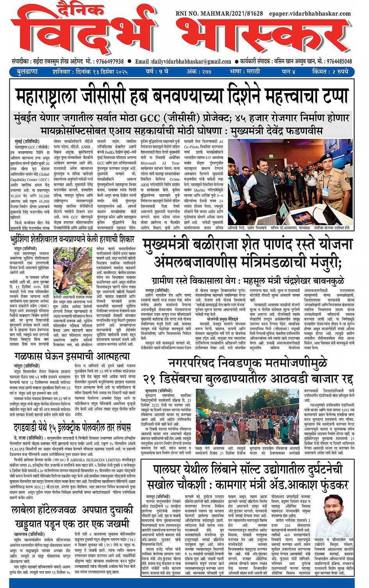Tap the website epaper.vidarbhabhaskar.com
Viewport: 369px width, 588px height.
[x=310, y=13]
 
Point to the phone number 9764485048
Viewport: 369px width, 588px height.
[x=339, y=61]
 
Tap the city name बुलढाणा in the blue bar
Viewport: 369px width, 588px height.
[x=27, y=72]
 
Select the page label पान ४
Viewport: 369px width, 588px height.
[x=288, y=72]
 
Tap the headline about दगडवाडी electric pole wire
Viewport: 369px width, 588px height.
[x=72, y=427]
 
